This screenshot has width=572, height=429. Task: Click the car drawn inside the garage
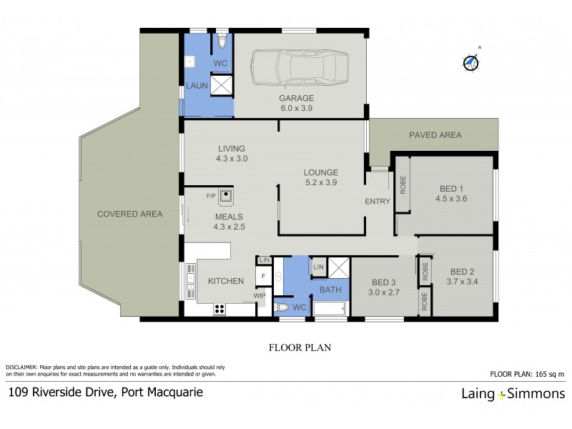296,70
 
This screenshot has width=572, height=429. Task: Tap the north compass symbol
470,62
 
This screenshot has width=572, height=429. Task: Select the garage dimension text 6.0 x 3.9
296,109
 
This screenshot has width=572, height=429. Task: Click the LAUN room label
197,86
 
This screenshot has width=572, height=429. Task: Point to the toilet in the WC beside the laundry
222,43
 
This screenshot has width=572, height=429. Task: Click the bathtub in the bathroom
328,309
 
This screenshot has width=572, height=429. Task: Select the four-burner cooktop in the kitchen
220,310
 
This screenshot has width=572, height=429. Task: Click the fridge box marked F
263,275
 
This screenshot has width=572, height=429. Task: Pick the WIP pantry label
259,295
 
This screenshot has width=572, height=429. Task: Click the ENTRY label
378,202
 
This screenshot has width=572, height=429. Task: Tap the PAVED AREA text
435,134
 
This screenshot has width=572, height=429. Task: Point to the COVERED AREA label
130,214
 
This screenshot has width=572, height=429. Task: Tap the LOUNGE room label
320,172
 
